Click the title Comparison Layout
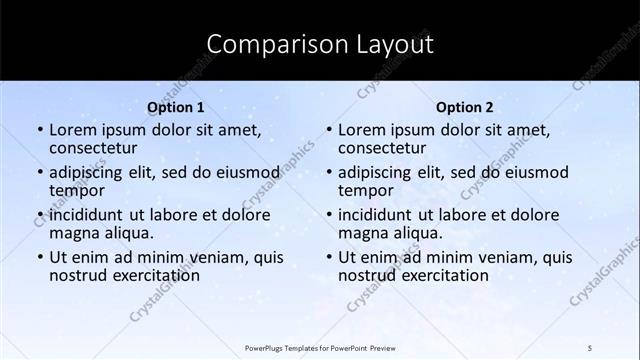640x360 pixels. pos(319,44)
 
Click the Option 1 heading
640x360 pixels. pos(176,107)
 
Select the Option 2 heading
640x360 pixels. pos(465,107)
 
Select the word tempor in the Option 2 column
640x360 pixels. pos(364,190)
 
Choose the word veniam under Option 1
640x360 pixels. pos(195,256)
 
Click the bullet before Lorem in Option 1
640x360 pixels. pos(40,130)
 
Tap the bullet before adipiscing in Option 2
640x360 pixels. pos(329,172)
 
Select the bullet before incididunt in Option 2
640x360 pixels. pos(329,214)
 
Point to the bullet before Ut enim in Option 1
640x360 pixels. pos(40,257)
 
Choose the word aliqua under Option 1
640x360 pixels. pos(127,233)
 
